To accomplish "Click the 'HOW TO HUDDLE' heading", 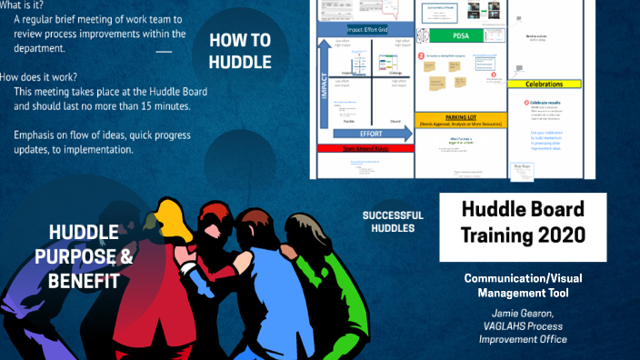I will (239, 51).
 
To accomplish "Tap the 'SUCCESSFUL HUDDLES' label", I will (388, 221).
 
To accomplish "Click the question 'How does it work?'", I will (41, 76).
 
